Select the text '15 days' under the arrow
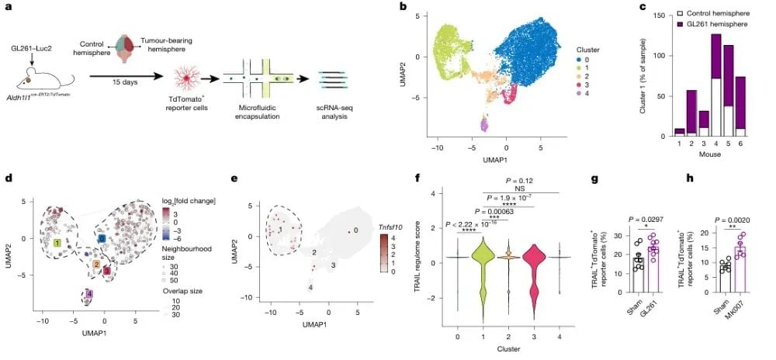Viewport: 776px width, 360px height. point(113,87)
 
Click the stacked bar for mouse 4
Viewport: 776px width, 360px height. point(715,85)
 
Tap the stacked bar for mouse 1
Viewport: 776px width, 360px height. point(681,132)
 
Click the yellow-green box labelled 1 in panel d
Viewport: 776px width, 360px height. point(57,244)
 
